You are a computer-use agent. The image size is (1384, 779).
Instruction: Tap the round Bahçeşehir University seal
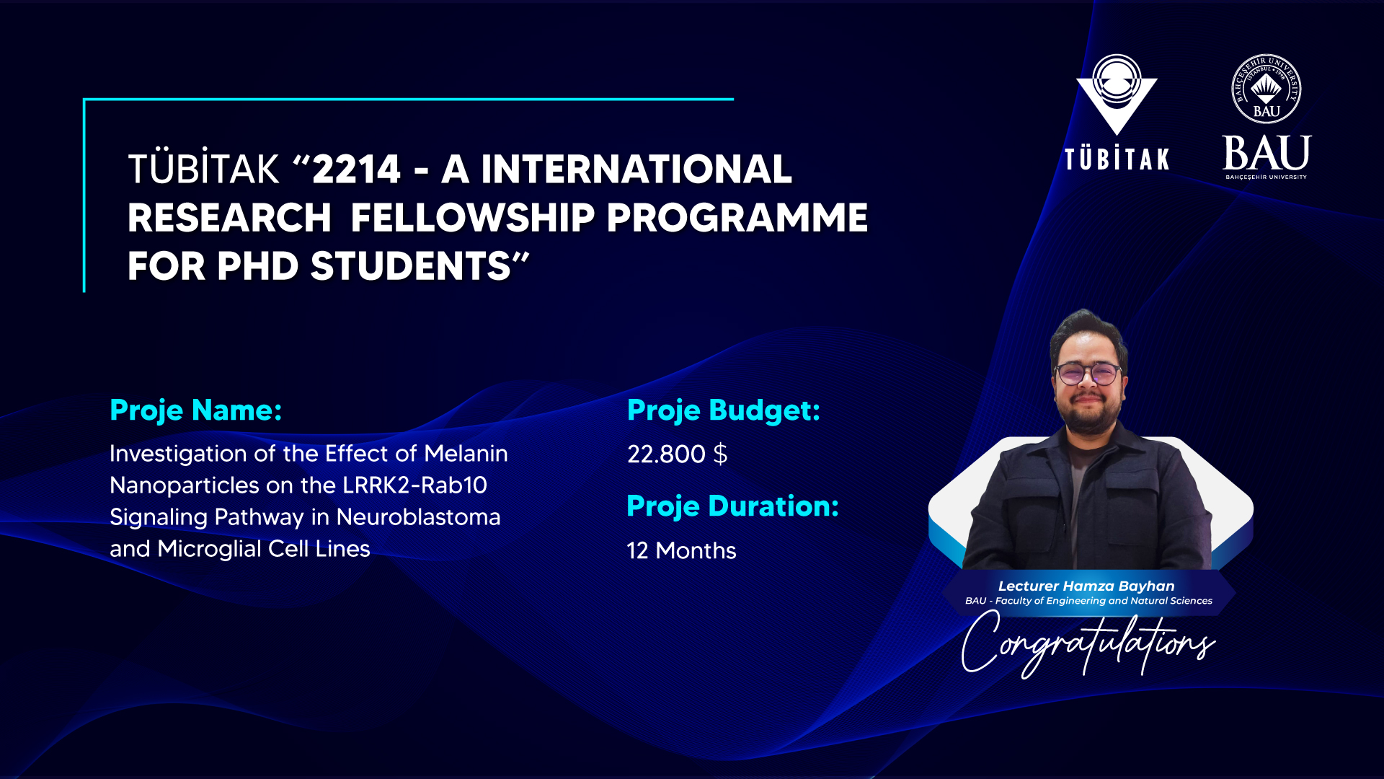pyautogui.click(x=1267, y=89)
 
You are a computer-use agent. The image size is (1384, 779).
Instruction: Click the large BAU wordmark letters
pyautogui.click(x=1267, y=153)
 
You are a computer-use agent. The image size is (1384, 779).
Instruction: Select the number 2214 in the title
pyautogui.click(x=356, y=170)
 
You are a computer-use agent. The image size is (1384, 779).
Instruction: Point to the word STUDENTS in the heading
pyautogui.click(x=411, y=266)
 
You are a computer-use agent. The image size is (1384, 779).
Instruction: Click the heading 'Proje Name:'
pyautogui.click(x=195, y=410)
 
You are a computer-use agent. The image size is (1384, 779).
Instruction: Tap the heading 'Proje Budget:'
pyautogui.click(x=724, y=410)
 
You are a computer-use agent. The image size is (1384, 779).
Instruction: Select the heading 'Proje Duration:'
pyautogui.click(x=732, y=506)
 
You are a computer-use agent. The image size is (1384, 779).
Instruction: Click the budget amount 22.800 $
pyautogui.click(x=678, y=454)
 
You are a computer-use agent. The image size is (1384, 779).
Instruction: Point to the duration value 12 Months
pyautogui.click(x=681, y=550)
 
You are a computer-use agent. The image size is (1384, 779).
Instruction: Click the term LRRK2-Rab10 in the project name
pyautogui.click(x=414, y=485)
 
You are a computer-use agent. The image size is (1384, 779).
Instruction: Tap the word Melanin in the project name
pyautogui.click(x=466, y=454)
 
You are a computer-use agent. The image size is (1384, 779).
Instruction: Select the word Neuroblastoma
pyautogui.click(x=418, y=517)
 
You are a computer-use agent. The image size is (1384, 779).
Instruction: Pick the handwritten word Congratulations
pyautogui.click(x=1088, y=643)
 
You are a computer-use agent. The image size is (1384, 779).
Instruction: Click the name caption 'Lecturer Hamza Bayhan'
pyautogui.click(x=1086, y=586)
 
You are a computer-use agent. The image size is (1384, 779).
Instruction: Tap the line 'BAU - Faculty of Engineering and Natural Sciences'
pyautogui.click(x=1088, y=601)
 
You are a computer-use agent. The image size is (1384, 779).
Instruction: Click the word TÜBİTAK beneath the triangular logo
pyautogui.click(x=1117, y=159)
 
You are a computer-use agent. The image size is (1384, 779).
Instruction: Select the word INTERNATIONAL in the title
pyautogui.click(x=636, y=170)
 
